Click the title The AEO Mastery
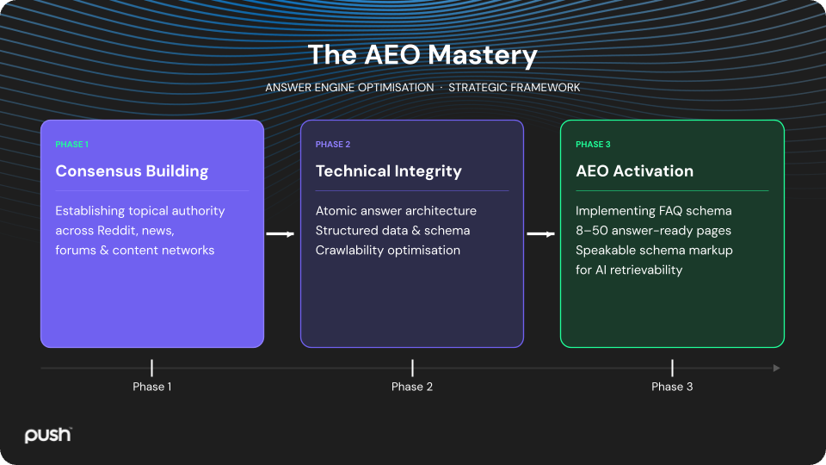(422, 55)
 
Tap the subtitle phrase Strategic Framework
(514, 88)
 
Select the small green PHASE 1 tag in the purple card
(72, 145)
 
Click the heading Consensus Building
(132, 171)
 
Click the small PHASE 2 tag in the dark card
(333, 145)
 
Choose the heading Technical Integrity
(389, 171)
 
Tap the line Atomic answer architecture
(396, 211)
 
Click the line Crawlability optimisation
(388, 251)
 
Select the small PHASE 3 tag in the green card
(593, 145)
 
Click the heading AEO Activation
(634, 171)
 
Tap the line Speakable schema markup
(654, 251)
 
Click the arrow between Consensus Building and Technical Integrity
(280, 233)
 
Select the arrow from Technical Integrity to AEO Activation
(541, 233)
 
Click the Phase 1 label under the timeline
(152, 387)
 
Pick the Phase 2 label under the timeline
(412, 387)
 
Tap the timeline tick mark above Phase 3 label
(672, 368)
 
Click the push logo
(48, 435)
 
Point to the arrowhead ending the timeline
(776, 368)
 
